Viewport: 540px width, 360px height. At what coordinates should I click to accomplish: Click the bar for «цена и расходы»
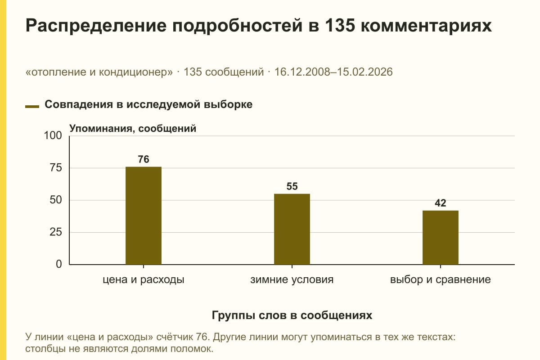pos(144,216)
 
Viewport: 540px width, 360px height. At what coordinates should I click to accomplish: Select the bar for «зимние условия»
pos(292,229)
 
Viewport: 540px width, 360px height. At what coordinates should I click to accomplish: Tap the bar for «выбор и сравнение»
pos(441,238)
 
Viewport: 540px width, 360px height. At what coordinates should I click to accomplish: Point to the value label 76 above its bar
pos(144,159)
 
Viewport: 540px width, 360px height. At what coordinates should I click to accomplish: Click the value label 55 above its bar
pos(292,186)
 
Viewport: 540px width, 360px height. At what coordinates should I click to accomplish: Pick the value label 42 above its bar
pos(441,203)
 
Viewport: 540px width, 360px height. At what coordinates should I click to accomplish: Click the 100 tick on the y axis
pos(53,135)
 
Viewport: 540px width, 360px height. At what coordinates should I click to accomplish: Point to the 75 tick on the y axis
pos(56,168)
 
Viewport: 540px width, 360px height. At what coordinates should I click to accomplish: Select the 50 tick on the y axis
pos(56,200)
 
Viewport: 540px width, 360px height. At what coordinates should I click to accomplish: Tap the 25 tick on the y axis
pos(56,232)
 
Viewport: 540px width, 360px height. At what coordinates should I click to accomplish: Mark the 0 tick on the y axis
pos(59,264)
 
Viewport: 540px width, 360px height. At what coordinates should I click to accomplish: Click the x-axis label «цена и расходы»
pos(144,280)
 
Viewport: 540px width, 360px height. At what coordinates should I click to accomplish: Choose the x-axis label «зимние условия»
pos(292,280)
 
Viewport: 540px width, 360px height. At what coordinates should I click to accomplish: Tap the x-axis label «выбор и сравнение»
pos(441,280)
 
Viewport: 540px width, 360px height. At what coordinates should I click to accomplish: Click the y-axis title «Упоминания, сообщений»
pos(133,129)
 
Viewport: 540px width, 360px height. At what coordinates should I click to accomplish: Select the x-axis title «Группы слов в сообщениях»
pos(292,315)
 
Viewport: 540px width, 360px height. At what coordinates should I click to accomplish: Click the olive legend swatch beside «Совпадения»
pos(32,107)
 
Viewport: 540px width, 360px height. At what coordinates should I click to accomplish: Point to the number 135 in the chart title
pos(340,25)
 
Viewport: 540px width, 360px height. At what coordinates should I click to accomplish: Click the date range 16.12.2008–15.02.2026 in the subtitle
pos(333,72)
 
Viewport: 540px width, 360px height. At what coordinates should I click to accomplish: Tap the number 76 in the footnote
pos(202,337)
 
